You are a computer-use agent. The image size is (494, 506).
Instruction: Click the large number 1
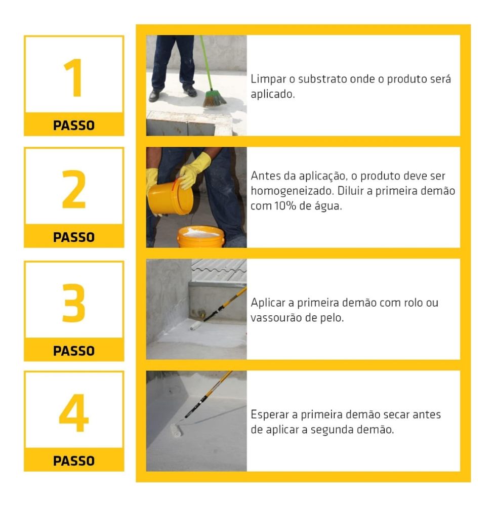[x=74, y=79]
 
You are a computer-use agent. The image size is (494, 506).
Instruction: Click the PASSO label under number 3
[x=74, y=350]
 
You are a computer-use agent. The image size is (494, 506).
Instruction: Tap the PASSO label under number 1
[x=74, y=125]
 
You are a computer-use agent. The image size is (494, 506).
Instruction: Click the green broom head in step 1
[x=214, y=97]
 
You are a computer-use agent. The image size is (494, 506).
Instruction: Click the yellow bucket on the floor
[x=200, y=236]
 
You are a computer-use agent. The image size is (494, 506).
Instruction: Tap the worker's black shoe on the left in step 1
[x=154, y=96]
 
